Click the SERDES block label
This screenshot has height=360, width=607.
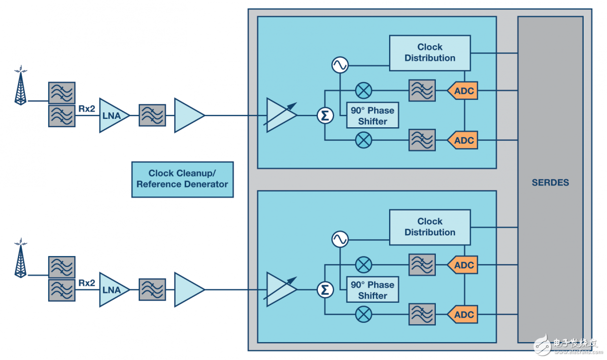(550, 182)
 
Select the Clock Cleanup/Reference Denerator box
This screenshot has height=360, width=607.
(182, 179)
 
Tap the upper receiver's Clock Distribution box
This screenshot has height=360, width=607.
(430, 53)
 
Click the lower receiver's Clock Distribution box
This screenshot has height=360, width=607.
(430, 227)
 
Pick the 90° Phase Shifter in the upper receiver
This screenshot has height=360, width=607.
(373, 116)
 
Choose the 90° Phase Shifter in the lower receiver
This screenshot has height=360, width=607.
(373, 290)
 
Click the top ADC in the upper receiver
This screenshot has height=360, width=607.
(463, 91)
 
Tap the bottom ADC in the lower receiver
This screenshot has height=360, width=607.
(463, 315)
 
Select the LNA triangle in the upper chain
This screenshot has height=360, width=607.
(112, 115)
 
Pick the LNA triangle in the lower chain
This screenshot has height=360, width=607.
(112, 289)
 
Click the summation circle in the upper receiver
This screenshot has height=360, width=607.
(325, 115)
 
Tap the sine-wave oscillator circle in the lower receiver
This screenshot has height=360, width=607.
(340, 239)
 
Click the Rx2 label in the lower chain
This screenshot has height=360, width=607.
(87, 282)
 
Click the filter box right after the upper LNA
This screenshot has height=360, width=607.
(152, 115)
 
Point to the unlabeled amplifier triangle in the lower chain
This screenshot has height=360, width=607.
(189, 289)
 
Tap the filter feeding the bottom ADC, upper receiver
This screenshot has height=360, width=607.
(422, 140)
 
